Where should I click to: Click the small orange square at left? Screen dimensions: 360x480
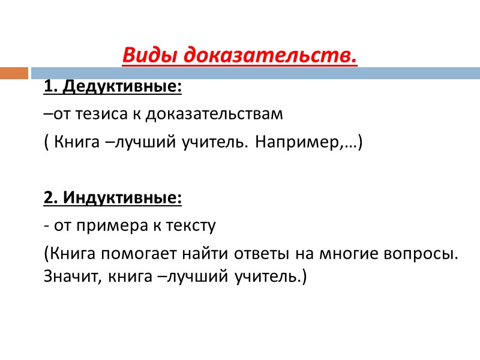[14, 73]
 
